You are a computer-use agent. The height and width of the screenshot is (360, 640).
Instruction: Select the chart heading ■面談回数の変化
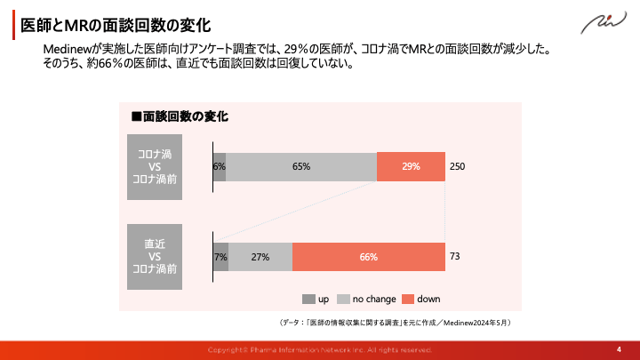click(180, 116)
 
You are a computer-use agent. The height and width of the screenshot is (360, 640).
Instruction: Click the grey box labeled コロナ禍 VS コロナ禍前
click(155, 166)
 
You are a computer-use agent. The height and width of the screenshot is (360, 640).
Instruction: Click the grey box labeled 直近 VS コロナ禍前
click(155, 256)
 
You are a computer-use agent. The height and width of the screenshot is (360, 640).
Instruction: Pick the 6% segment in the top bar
click(220, 166)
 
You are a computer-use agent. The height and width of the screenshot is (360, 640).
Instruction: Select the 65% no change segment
click(301, 166)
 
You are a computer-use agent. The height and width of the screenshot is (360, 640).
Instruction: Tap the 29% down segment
click(411, 166)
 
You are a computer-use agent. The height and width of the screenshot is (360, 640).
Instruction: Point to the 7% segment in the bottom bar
click(220, 257)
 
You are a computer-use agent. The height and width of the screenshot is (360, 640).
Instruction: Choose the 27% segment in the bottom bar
click(260, 257)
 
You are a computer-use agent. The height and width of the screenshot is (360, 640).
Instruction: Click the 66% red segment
click(368, 257)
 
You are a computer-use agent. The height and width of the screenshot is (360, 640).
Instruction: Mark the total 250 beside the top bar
click(457, 166)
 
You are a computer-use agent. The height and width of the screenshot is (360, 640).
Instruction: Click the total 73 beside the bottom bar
click(454, 256)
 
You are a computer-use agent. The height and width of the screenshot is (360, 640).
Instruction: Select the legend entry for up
click(316, 299)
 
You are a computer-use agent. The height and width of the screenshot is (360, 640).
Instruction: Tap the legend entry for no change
click(366, 299)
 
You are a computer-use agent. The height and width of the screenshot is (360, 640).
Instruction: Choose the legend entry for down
click(421, 299)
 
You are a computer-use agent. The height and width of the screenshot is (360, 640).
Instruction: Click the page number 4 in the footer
click(619, 349)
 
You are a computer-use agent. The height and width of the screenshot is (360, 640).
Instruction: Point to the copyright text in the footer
click(320, 350)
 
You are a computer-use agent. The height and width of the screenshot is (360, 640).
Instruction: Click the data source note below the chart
click(395, 322)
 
